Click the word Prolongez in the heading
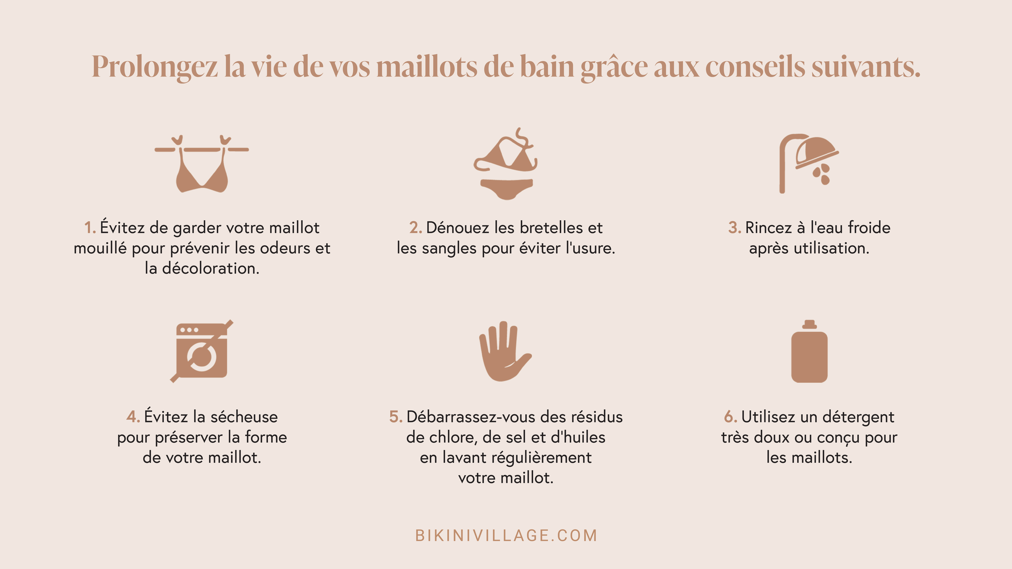click(154, 67)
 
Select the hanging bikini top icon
click(202, 165)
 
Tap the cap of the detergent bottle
click(809, 324)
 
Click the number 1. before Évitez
click(90, 228)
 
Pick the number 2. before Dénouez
click(415, 228)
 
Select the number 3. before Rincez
click(734, 228)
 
